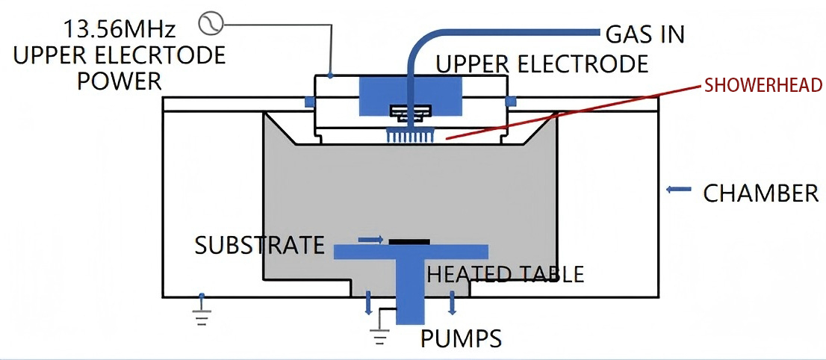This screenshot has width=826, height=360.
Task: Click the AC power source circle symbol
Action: [210, 25]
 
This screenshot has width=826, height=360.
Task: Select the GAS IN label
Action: [645, 34]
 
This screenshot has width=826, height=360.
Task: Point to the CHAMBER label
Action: [761, 193]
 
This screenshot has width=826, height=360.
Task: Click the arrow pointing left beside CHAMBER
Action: [678, 190]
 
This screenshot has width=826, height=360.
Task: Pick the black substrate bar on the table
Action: [409, 241]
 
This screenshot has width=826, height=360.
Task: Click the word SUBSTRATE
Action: [260, 245]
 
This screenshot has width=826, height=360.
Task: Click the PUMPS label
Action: [461, 338]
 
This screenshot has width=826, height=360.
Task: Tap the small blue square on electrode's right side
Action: [512, 101]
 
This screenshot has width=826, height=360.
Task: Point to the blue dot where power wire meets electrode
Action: [329, 75]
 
